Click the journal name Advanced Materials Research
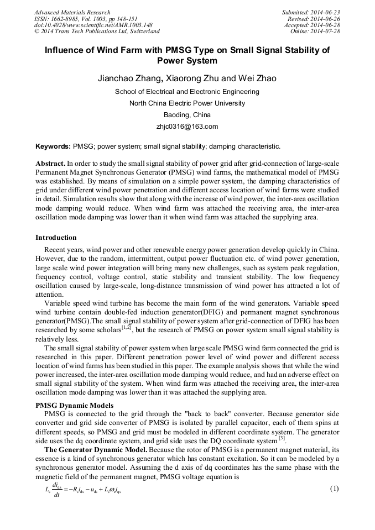pos(72,12)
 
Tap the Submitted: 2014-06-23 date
pos(311,12)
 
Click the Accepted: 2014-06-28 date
pos(312,25)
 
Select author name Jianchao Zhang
pos(129,78)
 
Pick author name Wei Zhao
pos(258,78)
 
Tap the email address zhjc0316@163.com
pos(187,127)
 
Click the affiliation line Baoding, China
pos(187,115)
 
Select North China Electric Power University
pos(187,103)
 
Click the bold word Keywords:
pos(53,147)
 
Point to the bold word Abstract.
pos(50,164)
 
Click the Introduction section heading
pos(56,238)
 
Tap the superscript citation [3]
pos(282,439)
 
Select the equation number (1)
pos(334,489)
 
